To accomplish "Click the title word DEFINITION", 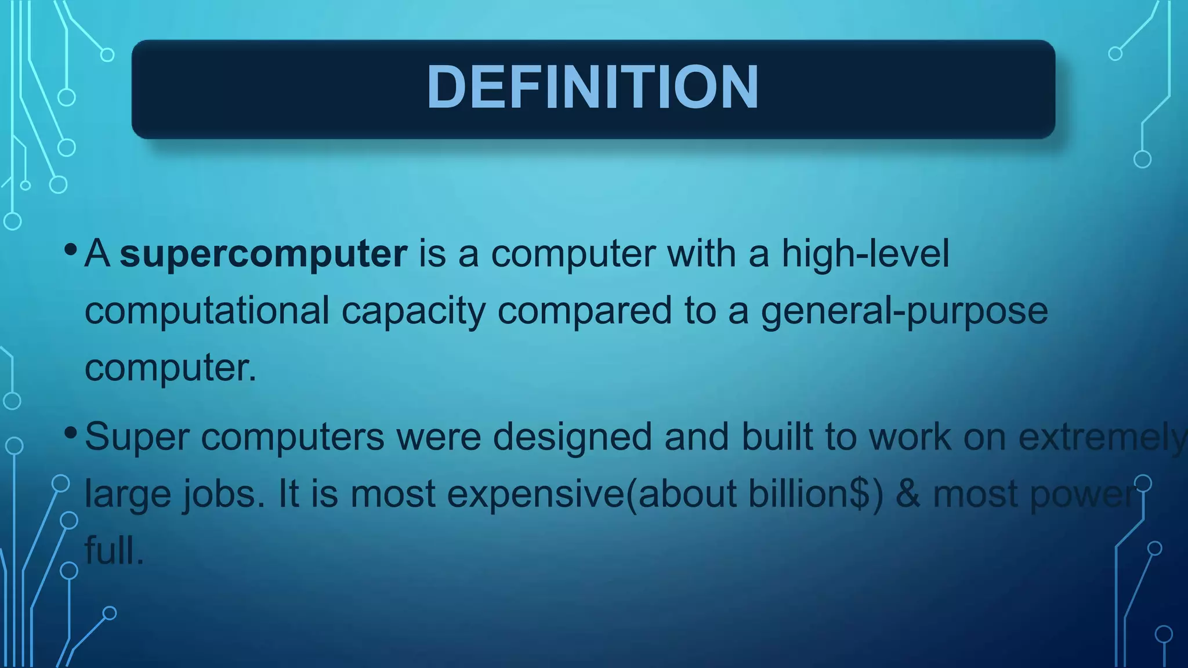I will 592,88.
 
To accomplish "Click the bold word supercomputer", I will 263,253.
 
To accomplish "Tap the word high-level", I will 865,253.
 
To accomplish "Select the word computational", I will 207,310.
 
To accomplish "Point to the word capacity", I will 413,310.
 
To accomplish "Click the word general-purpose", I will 904,311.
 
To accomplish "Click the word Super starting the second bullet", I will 137,437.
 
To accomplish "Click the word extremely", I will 1102,437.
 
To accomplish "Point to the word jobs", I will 224,494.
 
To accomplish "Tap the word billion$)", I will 816,494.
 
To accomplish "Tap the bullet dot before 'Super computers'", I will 71,433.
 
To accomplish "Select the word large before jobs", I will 127,494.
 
